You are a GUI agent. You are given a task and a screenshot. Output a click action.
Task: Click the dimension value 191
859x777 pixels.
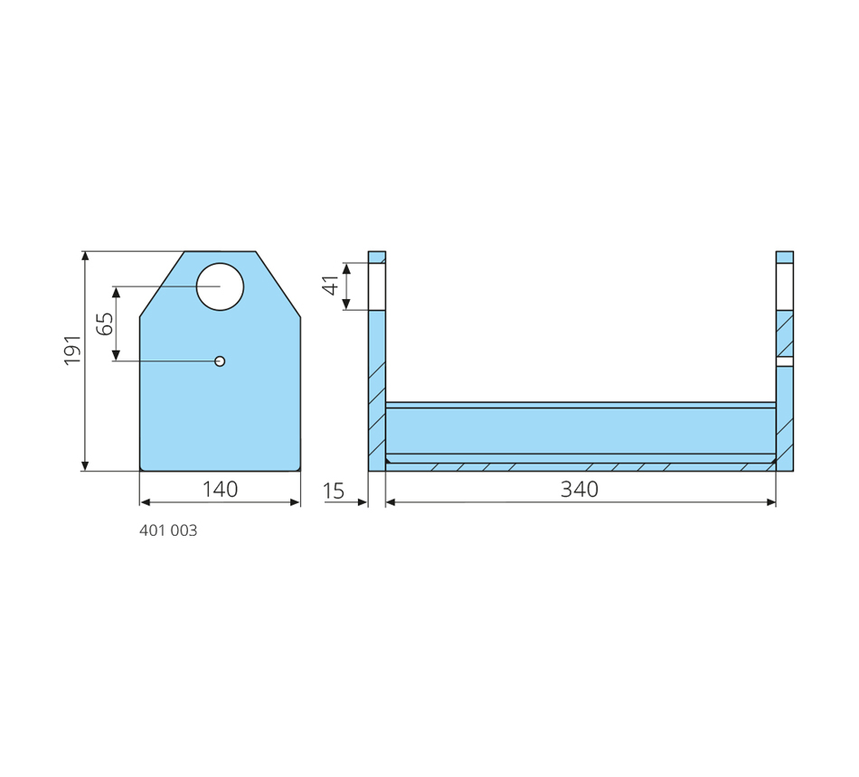point(72,350)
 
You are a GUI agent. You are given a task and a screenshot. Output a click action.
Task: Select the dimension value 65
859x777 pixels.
point(105,323)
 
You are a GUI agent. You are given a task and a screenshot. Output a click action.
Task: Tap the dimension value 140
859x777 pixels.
point(221,489)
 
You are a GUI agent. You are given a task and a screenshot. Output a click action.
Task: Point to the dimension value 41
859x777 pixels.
point(331,286)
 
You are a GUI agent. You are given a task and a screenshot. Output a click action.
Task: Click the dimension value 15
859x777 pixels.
point(334,491)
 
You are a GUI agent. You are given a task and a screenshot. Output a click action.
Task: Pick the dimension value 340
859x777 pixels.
point(580,489)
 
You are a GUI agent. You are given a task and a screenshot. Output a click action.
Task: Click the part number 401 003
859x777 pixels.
point(168,530)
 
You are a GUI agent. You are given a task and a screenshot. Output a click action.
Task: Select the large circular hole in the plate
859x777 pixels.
point(220,286)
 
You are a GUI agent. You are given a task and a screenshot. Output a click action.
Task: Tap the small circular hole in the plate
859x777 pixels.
point(220,361)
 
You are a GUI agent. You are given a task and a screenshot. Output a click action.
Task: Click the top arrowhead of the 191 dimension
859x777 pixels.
point(85,256)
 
